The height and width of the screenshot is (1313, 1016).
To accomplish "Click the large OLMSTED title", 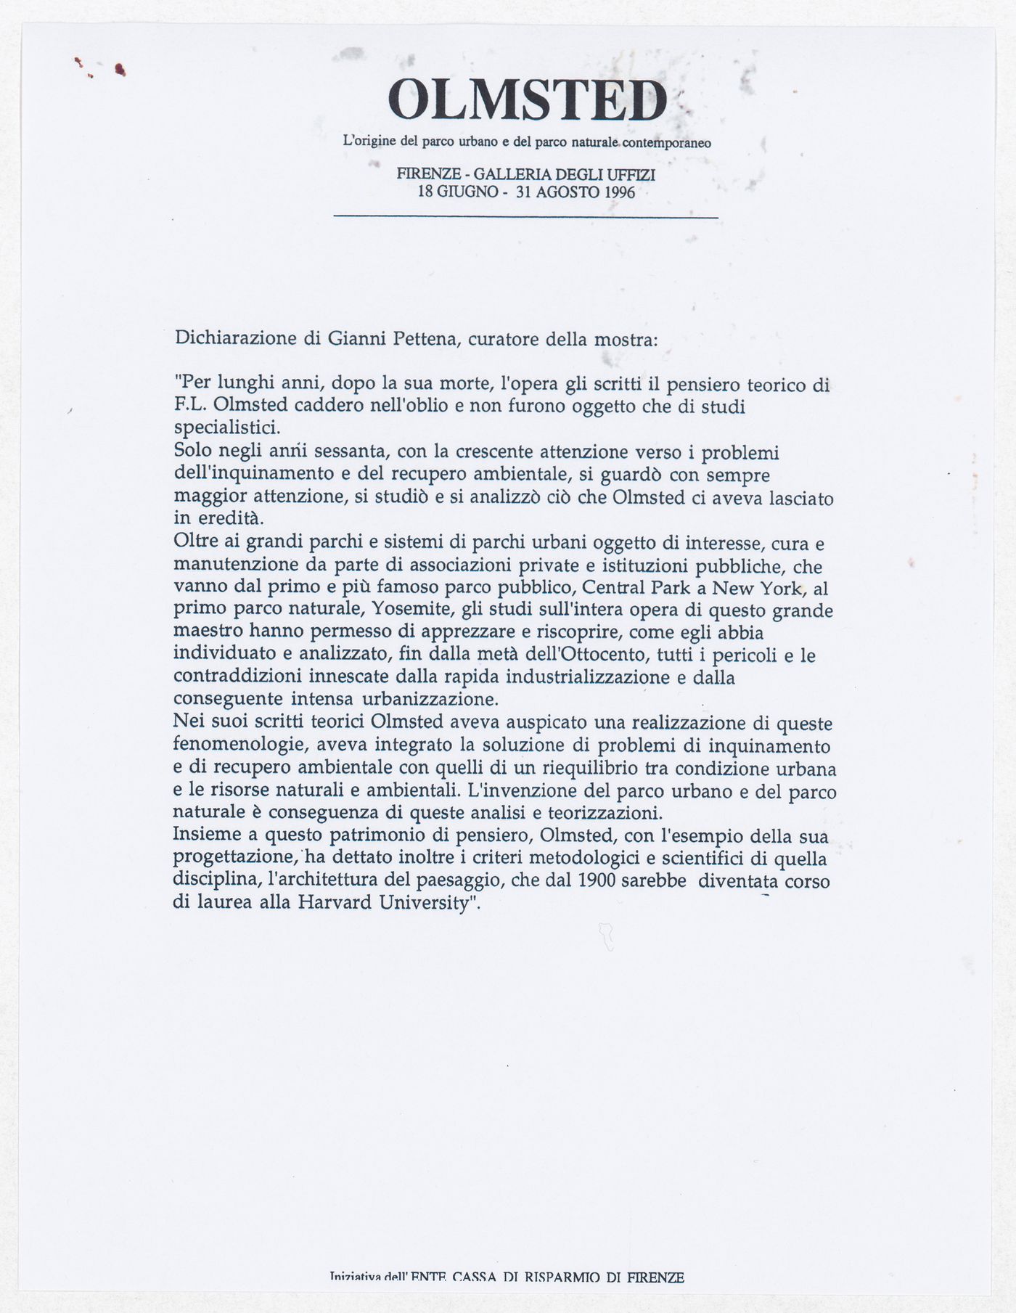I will (x=528, y=101).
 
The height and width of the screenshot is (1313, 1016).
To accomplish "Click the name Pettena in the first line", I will (x=424, y=339).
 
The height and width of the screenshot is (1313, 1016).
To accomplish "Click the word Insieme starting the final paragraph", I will (x=204, y=836).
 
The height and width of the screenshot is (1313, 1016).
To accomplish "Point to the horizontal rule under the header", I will (x=525, y=216).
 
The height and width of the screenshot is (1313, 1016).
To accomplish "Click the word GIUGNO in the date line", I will (x=470, y=192).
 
